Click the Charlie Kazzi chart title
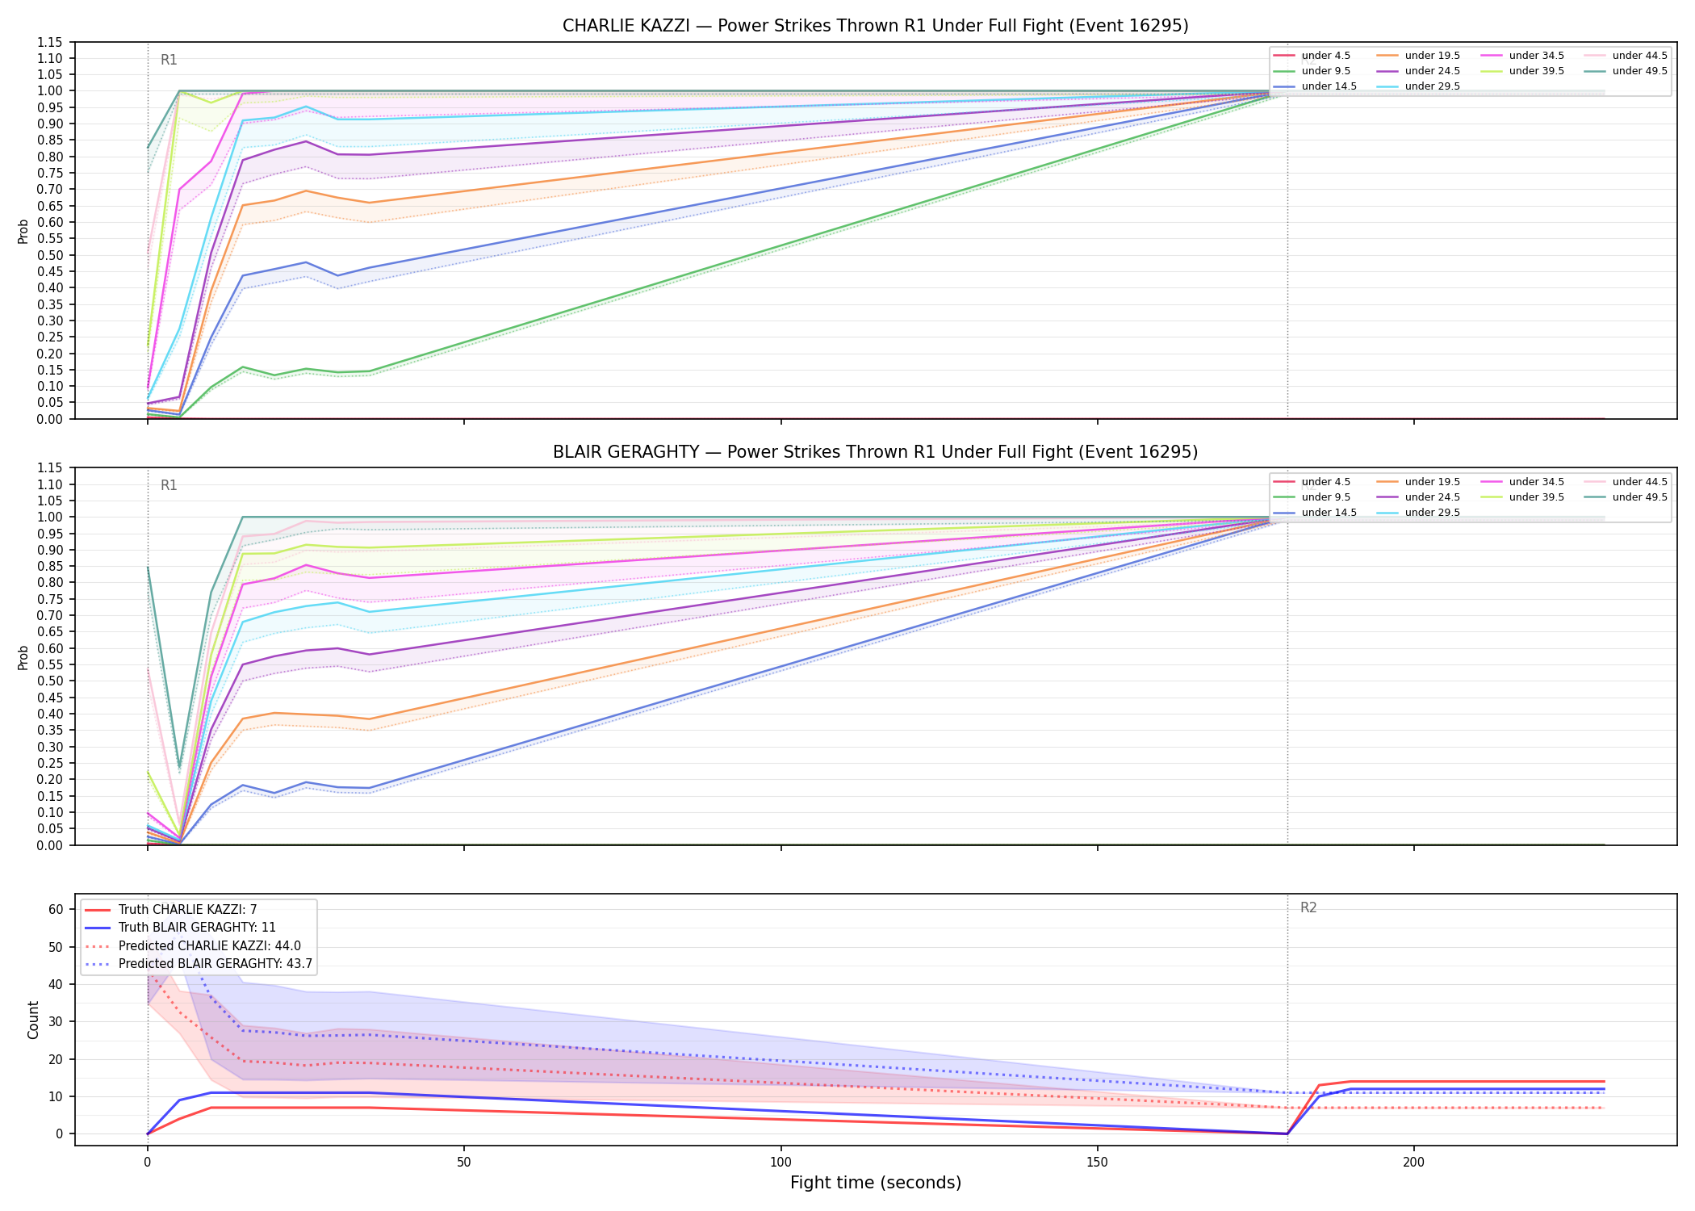click(875, 26)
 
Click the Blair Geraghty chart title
click(875, 452)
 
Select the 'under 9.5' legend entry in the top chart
click(1312, 71)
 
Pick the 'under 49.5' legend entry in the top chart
click(1626, 71)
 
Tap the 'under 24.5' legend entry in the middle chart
click(1419, 497)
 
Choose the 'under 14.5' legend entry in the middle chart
click(1315, 513)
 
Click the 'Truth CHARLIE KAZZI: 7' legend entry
click(171, 910)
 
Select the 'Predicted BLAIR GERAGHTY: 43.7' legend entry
click(199, 964)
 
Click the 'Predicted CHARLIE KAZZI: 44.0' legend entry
click(193, 946)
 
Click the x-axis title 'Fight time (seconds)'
click(876, 1183)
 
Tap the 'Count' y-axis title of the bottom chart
click(33, 1020)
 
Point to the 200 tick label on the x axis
click(1413, 1163)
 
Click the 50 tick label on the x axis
click(464, 1163)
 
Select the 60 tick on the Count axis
click(56, 909)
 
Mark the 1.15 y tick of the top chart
click(50, 42)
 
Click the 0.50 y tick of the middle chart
click(50, 681)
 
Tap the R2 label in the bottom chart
click(1308, 908)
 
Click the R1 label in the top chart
click(169, 60)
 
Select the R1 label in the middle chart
click(169, 485)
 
